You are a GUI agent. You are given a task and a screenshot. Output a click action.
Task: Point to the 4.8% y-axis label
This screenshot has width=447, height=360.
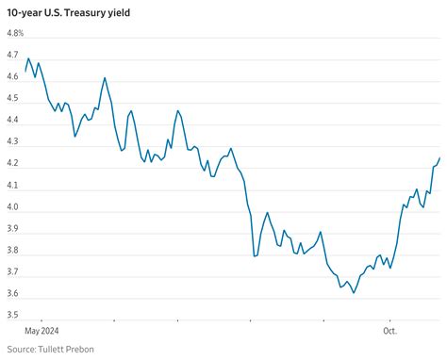pos(14,33)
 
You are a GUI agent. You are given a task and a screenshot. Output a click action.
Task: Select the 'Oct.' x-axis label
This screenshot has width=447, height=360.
pos(389,331)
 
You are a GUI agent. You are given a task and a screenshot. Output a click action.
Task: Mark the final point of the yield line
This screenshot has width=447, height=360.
pos(439,158)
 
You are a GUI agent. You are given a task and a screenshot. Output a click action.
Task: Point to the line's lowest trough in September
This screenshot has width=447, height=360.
pos(354,293)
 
